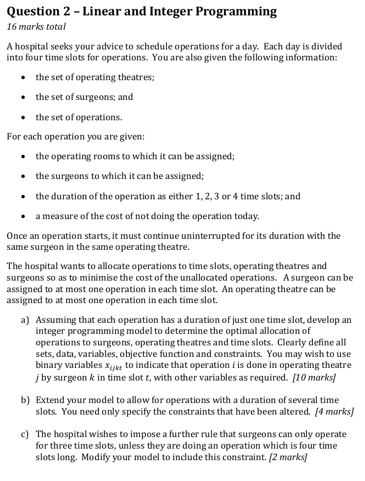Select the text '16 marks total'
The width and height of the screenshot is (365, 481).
[x=36, y=26]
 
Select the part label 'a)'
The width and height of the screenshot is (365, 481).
[x=25, y=319]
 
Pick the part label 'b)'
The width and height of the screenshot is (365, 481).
[x=25, y=400]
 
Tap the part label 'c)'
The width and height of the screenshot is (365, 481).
[x=25, y=434]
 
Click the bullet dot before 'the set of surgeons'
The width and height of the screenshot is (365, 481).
[x=21, y=97]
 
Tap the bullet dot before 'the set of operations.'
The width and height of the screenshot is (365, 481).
[x=21, y=118]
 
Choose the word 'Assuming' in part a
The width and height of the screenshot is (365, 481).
[x=56, y=319]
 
